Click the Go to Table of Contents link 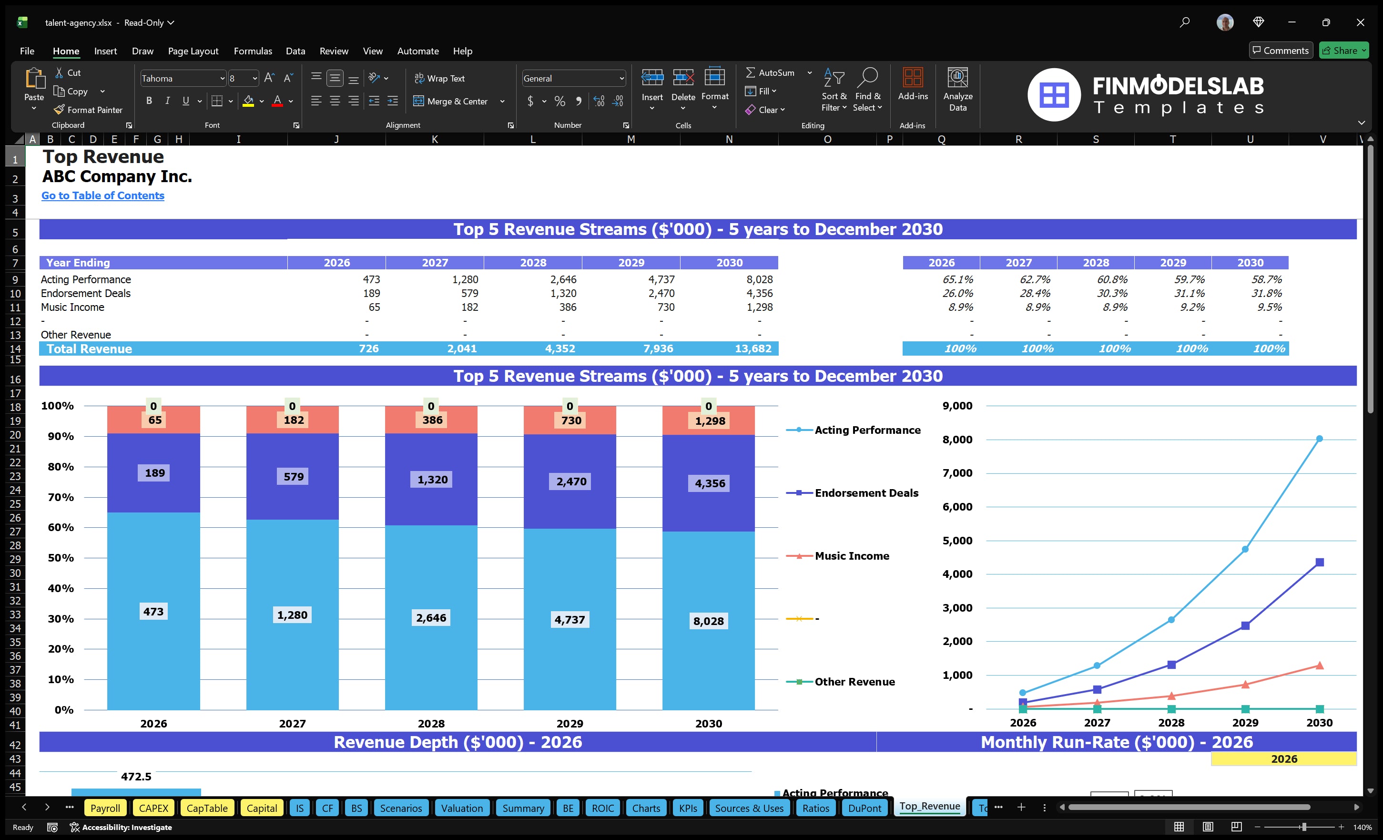103,195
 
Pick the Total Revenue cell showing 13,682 753,348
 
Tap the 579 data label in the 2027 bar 293,477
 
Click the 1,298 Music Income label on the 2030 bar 710,421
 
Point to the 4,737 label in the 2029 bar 569,620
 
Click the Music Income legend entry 852,556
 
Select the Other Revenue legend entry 854,682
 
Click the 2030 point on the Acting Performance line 1319,439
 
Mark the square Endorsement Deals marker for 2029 1245,625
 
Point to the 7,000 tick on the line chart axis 957,473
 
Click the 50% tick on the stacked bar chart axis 61,558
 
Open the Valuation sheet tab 461,808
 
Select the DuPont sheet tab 864,808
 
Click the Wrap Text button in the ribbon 439,79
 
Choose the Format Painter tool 88,110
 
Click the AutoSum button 770,72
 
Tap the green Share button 1343,51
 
